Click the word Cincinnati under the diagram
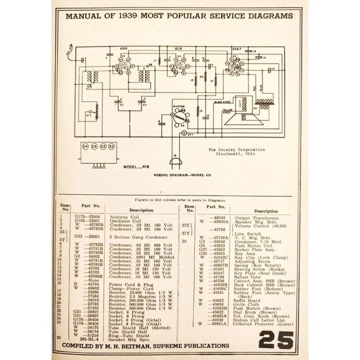tap(228, 155)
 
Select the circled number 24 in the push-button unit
tap(85, 147)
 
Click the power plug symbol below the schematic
tap(176, 163)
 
